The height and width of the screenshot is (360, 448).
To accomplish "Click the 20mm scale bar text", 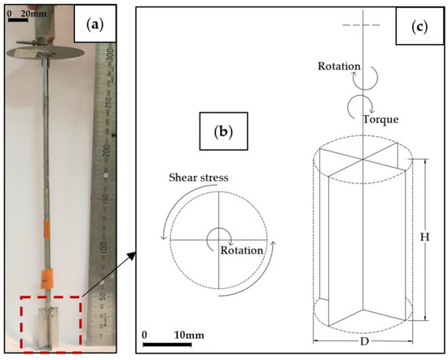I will click(x=33, y=13).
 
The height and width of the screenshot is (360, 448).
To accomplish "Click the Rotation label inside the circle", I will click(x=242, y=250).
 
